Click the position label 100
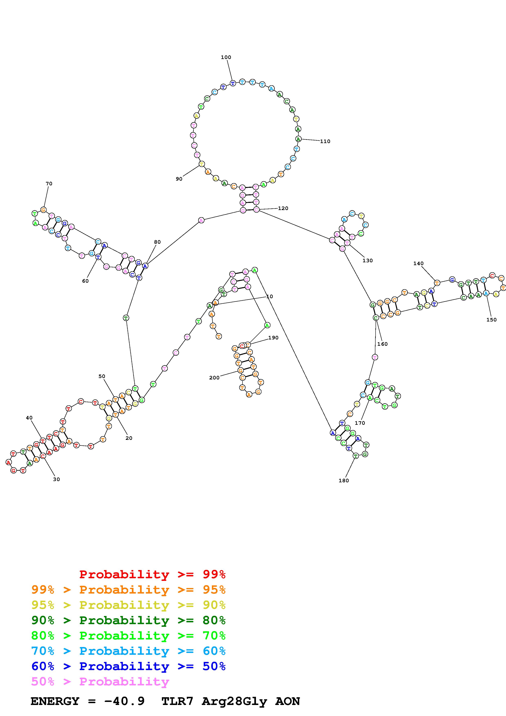226,57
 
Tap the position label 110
325,141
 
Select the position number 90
179,179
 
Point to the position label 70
49,184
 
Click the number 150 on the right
491,320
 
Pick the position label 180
344,480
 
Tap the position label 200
214,378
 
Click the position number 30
56,479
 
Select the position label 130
368,261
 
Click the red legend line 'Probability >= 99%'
152,574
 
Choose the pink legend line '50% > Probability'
100,681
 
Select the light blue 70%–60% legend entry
128,651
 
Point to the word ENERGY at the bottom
55,701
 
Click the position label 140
418,263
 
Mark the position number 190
273,338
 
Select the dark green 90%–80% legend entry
128,620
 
